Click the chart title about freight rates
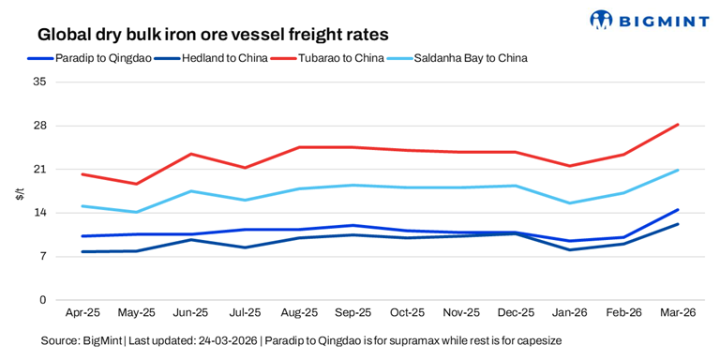[x=213, y=35]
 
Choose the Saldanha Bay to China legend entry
[x=472, y=58]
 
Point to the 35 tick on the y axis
[x=39, y=82]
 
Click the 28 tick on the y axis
[x=39, y=126]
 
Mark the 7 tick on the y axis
[x=42, y=257]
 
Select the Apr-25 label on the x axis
[x=82, y=312]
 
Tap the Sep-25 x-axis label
[x=352, y=312]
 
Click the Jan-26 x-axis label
[x=569, y=312]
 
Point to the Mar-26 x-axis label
[x=677, y=312]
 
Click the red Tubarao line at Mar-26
[x=677, y=125]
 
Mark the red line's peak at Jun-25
[x=191, y=154]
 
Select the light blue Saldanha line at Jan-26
[x=569, y=203]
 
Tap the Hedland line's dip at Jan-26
[x=569, y=249]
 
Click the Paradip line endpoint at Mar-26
[x=677, y=210]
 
